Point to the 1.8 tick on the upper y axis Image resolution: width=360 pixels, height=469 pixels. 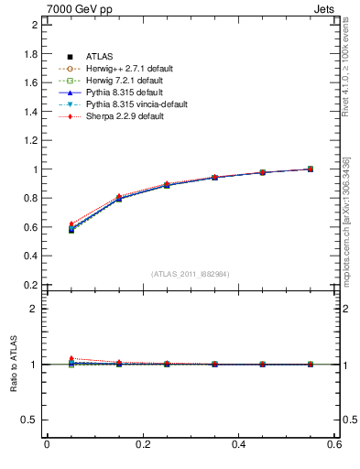click(31, 53)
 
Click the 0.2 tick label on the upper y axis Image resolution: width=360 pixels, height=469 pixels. click(31, 285)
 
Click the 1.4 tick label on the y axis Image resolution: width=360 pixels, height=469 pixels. click(31, 111)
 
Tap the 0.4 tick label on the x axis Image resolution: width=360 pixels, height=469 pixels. click(239, 444)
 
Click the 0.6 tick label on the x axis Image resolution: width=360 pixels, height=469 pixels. click(334, 444)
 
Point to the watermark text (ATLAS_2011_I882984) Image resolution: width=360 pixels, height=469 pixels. click(191, 273)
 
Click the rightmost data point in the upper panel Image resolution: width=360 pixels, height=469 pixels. click(310, 169)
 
